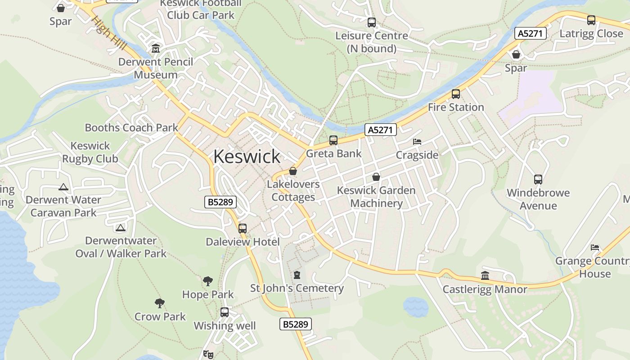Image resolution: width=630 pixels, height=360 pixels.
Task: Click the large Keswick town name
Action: [x=247, y=157]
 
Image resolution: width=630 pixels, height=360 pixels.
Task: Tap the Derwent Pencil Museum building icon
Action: [x=156, y=48]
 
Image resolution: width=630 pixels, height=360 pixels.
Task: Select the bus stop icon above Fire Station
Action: [x=456, y=94]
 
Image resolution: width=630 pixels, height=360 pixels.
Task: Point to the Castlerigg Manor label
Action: [x=485, y=289]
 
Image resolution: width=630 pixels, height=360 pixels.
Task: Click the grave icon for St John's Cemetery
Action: [x=297, y=274]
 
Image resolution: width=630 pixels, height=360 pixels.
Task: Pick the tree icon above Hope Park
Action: [x=207, y=281]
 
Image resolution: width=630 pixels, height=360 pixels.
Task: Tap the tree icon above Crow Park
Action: [x=159, y=303]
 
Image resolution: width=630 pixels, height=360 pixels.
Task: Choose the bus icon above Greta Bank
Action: [x=333, y=140]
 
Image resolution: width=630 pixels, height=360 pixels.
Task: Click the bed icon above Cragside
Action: [x=417, y=142]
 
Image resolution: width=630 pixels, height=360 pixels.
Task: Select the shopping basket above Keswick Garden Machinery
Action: [x=376, y=177]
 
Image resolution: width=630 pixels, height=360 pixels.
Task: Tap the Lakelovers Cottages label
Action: [x=293, y=191]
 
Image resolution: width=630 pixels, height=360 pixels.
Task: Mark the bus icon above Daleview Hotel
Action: [x=243, y=228]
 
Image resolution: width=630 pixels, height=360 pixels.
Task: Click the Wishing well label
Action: [x=225, y=326]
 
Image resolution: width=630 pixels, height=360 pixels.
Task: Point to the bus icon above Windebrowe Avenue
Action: [x=538, y=180]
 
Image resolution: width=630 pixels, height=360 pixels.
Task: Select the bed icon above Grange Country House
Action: [x=595, y=247]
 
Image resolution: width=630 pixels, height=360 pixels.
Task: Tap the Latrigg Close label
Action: [x=591, y=34]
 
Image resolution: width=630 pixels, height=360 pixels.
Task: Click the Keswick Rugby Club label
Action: [x=90, y=152]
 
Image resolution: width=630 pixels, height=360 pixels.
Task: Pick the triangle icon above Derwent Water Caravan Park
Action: [x=63, y=187]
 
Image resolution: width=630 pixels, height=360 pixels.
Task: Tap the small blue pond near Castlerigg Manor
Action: [x=415, y=306]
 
